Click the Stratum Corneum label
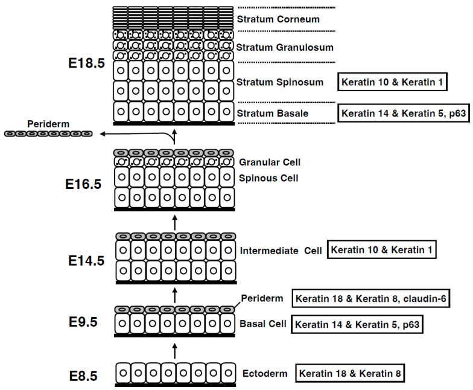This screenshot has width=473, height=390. coord(278,19)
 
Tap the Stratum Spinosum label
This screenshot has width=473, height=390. coord(280,82)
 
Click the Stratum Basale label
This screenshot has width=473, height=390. coord(273,113)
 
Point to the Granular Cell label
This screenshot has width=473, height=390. coord(270,162)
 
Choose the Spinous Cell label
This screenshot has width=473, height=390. coord(268,178)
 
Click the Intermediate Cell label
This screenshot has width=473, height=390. coord(280,249)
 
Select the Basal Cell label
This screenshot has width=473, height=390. coord(263,324)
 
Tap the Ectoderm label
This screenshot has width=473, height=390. coord(264,372)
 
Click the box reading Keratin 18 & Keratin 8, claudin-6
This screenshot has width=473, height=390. coord(371,298)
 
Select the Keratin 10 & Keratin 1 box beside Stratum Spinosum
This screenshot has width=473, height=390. coord(393,82)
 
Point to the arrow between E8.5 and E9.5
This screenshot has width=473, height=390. coord(176,351)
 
